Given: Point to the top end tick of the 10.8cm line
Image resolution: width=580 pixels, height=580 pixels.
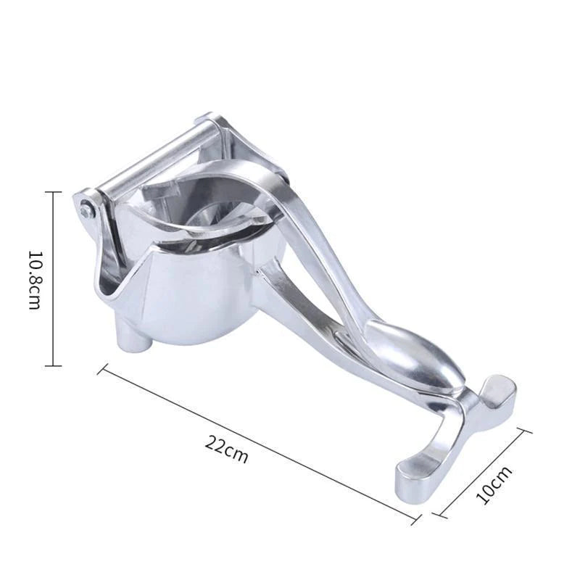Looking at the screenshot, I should pos(53,192).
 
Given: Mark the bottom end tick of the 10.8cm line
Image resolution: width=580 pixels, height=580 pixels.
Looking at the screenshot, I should pos(53,365).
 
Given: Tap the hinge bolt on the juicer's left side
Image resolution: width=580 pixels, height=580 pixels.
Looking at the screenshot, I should pos(86,210).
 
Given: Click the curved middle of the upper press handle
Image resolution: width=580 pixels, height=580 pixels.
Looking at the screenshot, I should pos(319,239).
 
